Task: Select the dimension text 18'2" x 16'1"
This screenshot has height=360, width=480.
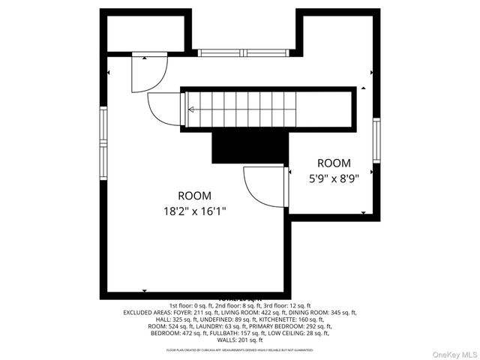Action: coord(194,211)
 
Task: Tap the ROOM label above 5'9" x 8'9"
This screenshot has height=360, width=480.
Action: coord(334,163)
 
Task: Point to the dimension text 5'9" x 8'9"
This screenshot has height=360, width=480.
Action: coord(334,178)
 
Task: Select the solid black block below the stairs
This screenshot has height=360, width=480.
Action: coord(250,145)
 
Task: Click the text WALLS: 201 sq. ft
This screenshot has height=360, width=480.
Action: coord(240,340)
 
